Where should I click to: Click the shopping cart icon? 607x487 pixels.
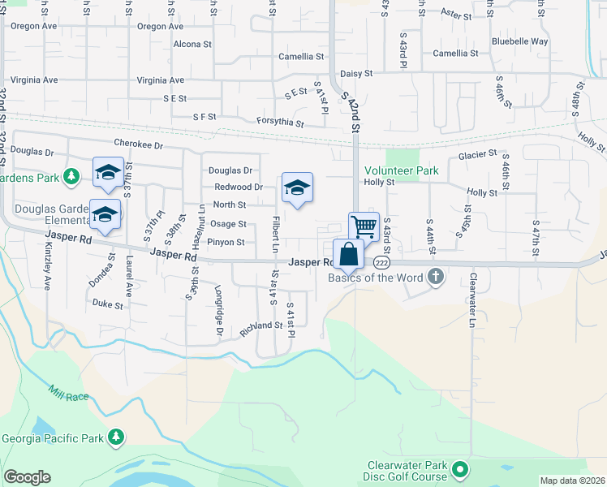(364, 227)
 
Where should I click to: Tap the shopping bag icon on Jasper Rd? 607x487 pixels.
(348, 253)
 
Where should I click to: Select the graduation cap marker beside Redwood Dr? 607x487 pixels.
(298, 188)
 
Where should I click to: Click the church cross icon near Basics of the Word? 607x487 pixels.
(436, 277)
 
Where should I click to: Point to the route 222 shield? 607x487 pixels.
(382, 262)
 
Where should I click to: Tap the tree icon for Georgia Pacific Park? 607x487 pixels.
(116, 438)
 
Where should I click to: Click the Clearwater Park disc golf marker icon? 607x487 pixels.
(460, 470)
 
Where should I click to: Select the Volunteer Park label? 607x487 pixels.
(401, 170)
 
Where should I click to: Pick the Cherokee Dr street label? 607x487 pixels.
(139, 144)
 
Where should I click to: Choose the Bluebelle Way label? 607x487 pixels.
(519, 41)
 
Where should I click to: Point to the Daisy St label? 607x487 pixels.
(356, 73)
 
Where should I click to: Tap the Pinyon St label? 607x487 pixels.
(226, 242)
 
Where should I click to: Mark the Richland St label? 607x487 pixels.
(260, 325)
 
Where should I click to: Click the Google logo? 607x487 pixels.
(27, 477)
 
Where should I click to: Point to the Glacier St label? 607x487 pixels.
(476, 154)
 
